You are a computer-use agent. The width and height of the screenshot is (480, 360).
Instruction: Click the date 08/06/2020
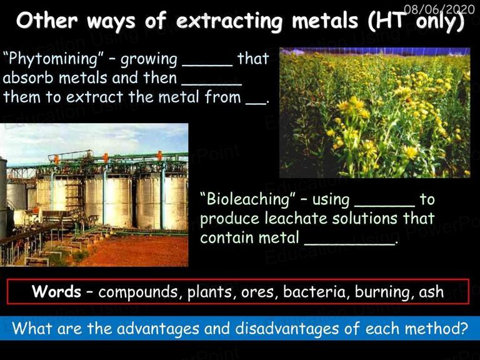tap(439, 10)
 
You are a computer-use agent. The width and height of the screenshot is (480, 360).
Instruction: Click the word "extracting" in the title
tap(229, 21)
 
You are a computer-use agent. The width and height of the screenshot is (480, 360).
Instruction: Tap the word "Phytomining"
tap(53, 59)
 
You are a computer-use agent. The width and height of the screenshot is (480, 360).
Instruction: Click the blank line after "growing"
tap(207, 65)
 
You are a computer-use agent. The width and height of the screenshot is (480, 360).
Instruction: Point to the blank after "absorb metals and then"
tap(212, 84)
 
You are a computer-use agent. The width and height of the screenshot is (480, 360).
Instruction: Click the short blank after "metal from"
tap(256, 104)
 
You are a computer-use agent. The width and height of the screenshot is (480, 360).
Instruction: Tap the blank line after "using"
tap(385, 206)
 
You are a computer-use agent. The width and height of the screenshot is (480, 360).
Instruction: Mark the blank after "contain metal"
tap(350, 244)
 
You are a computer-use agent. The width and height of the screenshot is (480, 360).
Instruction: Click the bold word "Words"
tap(56, 291)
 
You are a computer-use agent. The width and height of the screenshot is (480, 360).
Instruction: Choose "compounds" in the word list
tap(138, 292)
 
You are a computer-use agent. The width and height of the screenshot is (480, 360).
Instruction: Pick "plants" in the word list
tap(210, 292)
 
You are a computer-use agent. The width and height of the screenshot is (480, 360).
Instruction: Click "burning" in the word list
tap(380, 292)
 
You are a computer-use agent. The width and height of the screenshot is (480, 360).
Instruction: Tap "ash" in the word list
tap(432, 291)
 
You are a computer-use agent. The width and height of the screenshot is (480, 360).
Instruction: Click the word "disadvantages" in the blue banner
tap(287, 329)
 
